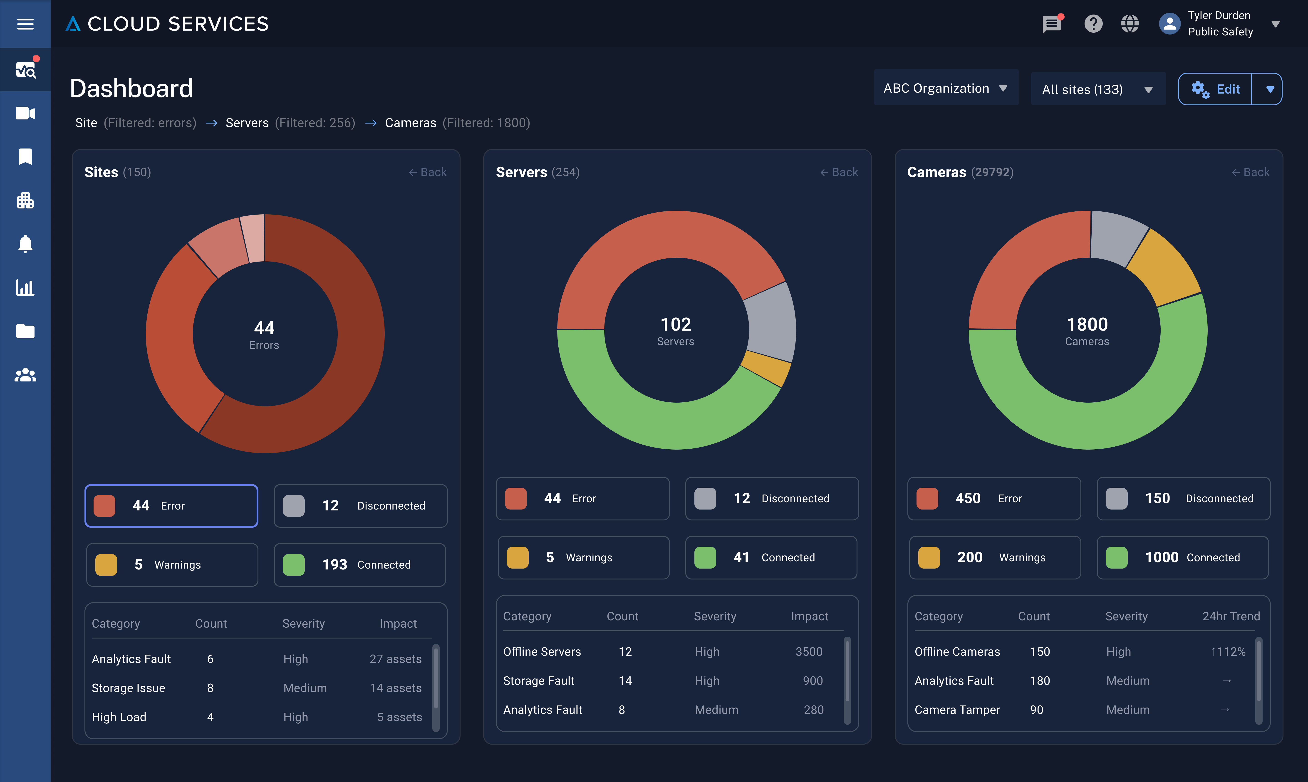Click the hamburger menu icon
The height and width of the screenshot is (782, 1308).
pyautogui.click(x=25, y=24)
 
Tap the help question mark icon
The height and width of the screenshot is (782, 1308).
pyautogui.click(x=1093, y=24)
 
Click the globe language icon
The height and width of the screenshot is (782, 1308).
pyautogui.click(x=1129, y=24)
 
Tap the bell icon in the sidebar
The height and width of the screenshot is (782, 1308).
pyautogui.click(x=25, y=244)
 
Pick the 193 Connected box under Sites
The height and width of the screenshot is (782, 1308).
pyautogui.click(x=360, y=564)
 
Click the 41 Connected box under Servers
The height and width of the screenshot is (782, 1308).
pyautogui.click(x=771, y=557)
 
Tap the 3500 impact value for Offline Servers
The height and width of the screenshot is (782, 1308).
pyautogui.click(x=808, y=652)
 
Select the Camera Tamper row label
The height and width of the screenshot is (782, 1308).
pyautogui.click(x=957, y=710)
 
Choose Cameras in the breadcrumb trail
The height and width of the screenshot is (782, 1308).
pyautogui.click(x=411, y=123)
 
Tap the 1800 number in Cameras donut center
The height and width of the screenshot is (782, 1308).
pyautogui.click(x=1087, y=324)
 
